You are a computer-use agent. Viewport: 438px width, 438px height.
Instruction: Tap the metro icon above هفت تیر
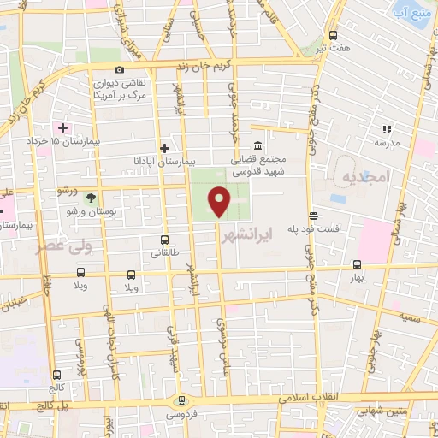pos(332,37)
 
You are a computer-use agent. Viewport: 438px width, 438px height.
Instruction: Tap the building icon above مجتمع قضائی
pos(257,144)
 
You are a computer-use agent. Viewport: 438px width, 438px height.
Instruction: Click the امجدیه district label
pos(365,177)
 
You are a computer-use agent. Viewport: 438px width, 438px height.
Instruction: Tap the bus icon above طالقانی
pos(164,240)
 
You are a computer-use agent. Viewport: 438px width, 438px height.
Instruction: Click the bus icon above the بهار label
pos(357,264)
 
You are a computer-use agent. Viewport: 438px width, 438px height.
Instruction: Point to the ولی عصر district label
pos(53,247)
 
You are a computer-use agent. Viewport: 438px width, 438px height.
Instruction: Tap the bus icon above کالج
pos(56,374)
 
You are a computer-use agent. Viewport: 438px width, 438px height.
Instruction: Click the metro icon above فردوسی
pos(181,400)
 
